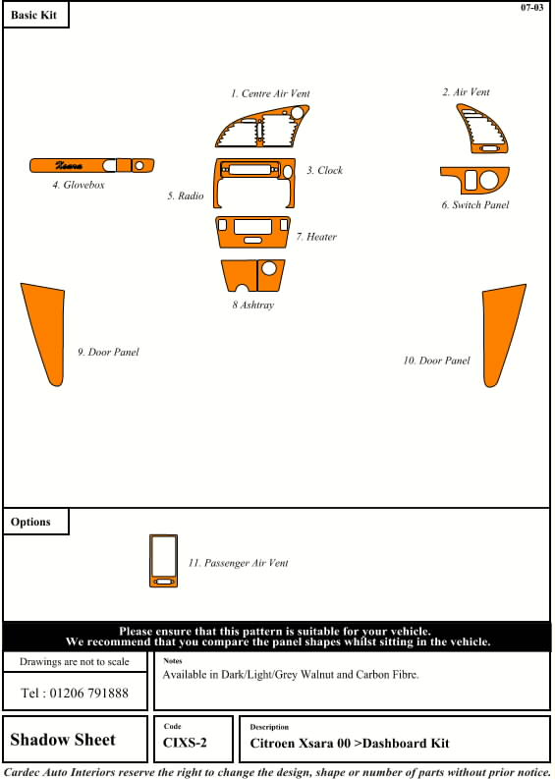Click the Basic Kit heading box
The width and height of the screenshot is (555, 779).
tap(35, 15)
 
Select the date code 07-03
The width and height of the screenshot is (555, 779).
tap(531, 8)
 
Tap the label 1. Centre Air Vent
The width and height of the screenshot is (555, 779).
tap(270, 93)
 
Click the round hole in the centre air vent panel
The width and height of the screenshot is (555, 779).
tap(297, 113)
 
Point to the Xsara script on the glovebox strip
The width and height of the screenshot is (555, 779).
tap(69, 165)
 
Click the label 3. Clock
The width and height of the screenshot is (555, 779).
tap(324, 170)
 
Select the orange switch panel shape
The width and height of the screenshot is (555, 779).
tap(474, 181)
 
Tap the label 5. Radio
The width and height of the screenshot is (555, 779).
tap(186, 196)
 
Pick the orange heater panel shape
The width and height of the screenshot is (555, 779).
tap(252, 232)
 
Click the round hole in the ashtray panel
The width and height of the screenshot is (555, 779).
tap(269, 268)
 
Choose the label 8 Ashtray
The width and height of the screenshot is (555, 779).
tap(252, 306)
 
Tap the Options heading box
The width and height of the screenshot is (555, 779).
tap(35, 522)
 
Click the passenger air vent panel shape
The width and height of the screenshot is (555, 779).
tap(163, 561)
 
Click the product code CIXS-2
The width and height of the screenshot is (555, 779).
tap(185, 744)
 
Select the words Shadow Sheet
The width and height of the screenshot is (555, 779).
tap(63, 740)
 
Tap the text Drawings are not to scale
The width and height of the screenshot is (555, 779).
tap(74, 662)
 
